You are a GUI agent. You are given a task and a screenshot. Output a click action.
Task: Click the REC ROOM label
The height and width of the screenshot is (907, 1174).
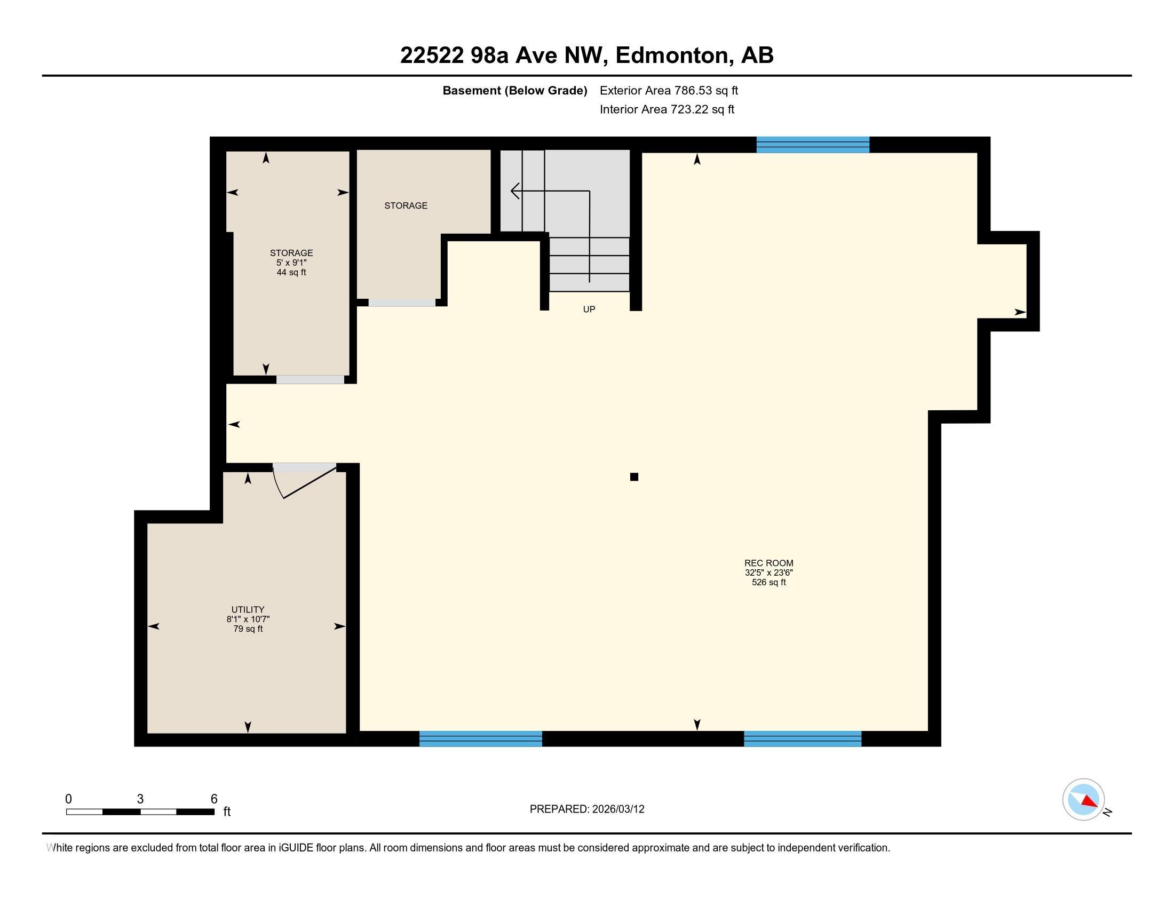[x=768, y=563]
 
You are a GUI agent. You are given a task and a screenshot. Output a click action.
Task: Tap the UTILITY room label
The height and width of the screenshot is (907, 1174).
[x=248, y=609]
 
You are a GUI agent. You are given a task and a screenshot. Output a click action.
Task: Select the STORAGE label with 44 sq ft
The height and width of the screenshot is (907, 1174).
[x=291, y=252]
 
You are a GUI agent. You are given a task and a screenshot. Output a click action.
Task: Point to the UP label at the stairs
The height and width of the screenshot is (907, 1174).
[x=589, y=309]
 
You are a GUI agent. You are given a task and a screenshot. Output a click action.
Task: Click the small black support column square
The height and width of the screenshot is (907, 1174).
[x=634, y=476]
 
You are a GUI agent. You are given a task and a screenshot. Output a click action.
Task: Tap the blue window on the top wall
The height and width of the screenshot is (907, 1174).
[x=813, y=145]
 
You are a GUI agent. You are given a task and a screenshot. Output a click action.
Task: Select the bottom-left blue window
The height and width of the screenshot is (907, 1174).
[x=481, y=739]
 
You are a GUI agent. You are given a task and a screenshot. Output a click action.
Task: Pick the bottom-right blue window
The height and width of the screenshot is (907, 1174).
[x=803, y=739]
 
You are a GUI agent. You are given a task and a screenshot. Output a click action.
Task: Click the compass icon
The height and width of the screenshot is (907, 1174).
[x=1084, y=800]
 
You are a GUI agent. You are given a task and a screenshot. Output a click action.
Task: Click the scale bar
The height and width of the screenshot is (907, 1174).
[x=140, y=811]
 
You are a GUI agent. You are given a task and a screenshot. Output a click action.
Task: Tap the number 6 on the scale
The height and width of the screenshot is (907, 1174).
[x=214, y=799]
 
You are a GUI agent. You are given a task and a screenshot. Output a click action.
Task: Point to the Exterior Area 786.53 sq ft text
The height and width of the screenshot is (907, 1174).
[x=669, y=90]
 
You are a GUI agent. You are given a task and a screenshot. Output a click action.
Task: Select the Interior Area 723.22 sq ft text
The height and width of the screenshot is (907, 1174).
[x=667, y=109]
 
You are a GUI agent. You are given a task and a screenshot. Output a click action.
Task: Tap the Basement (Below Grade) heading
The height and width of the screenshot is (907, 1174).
[x=514, y=90]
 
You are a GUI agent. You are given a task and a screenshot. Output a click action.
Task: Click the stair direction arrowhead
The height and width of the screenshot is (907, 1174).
[x=514, y=191]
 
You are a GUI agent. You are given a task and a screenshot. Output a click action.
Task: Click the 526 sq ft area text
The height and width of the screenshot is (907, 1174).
[x=768, y=583]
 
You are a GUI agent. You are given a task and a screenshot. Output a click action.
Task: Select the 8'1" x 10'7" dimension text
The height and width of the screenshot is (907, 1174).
[x=248, y=619]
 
